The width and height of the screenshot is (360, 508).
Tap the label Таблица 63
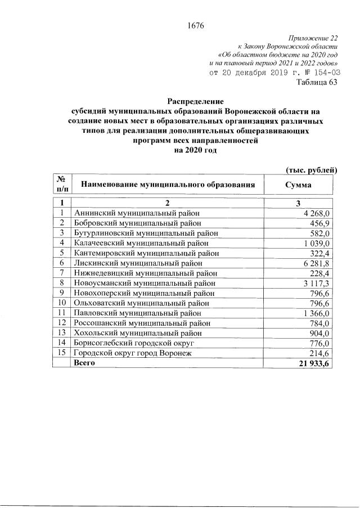click(317, 83)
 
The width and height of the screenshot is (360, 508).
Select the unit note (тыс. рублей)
click(311, 169)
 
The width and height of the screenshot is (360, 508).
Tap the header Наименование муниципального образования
click(173, 184)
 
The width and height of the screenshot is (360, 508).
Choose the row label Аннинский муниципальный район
click(137, 212)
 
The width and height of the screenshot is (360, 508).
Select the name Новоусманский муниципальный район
click(144, 282)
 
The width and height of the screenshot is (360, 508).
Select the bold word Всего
click(84, 363)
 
